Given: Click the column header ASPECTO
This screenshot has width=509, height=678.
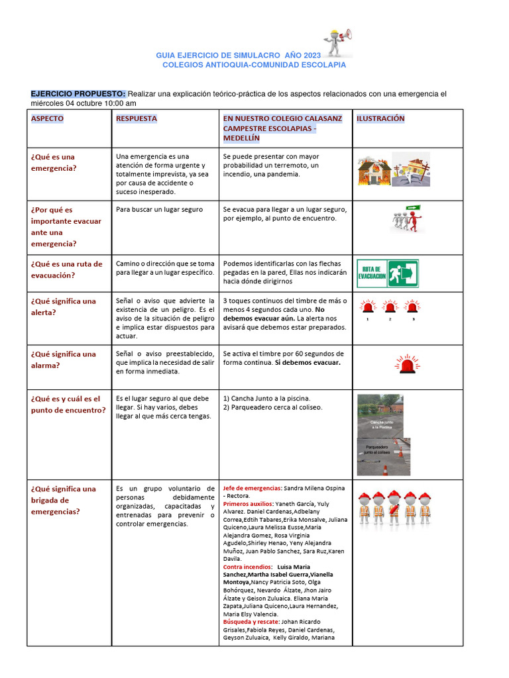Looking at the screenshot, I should tap(48, 119).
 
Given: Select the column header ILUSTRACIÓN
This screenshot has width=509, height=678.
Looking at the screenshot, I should tap(380, 119).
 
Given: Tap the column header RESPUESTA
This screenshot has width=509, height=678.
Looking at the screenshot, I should tap(137, 119).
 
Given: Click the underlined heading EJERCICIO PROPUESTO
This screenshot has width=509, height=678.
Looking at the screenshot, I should tap(78, 94).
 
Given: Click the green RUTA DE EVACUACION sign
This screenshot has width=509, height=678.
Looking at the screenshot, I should tap(388, 273).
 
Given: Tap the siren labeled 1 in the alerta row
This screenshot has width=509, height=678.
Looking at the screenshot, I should tap(367, 307).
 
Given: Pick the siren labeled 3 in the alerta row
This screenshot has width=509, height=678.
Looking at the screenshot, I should tap(413, 307).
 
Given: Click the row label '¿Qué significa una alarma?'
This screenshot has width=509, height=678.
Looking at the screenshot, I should tap(63, 359).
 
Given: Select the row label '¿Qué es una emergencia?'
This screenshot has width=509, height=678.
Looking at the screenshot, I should tap(53, 162).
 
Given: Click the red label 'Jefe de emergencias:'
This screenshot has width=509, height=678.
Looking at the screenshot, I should tap(253, 488).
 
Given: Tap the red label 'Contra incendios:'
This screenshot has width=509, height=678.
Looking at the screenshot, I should tap(247, 567).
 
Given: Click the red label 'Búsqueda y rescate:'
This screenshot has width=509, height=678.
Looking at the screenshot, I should tap(251, 622).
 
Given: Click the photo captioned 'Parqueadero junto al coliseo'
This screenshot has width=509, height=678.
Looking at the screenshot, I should tap(384, 456).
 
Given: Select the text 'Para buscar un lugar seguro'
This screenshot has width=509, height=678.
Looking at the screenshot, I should tap(159, 209).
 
